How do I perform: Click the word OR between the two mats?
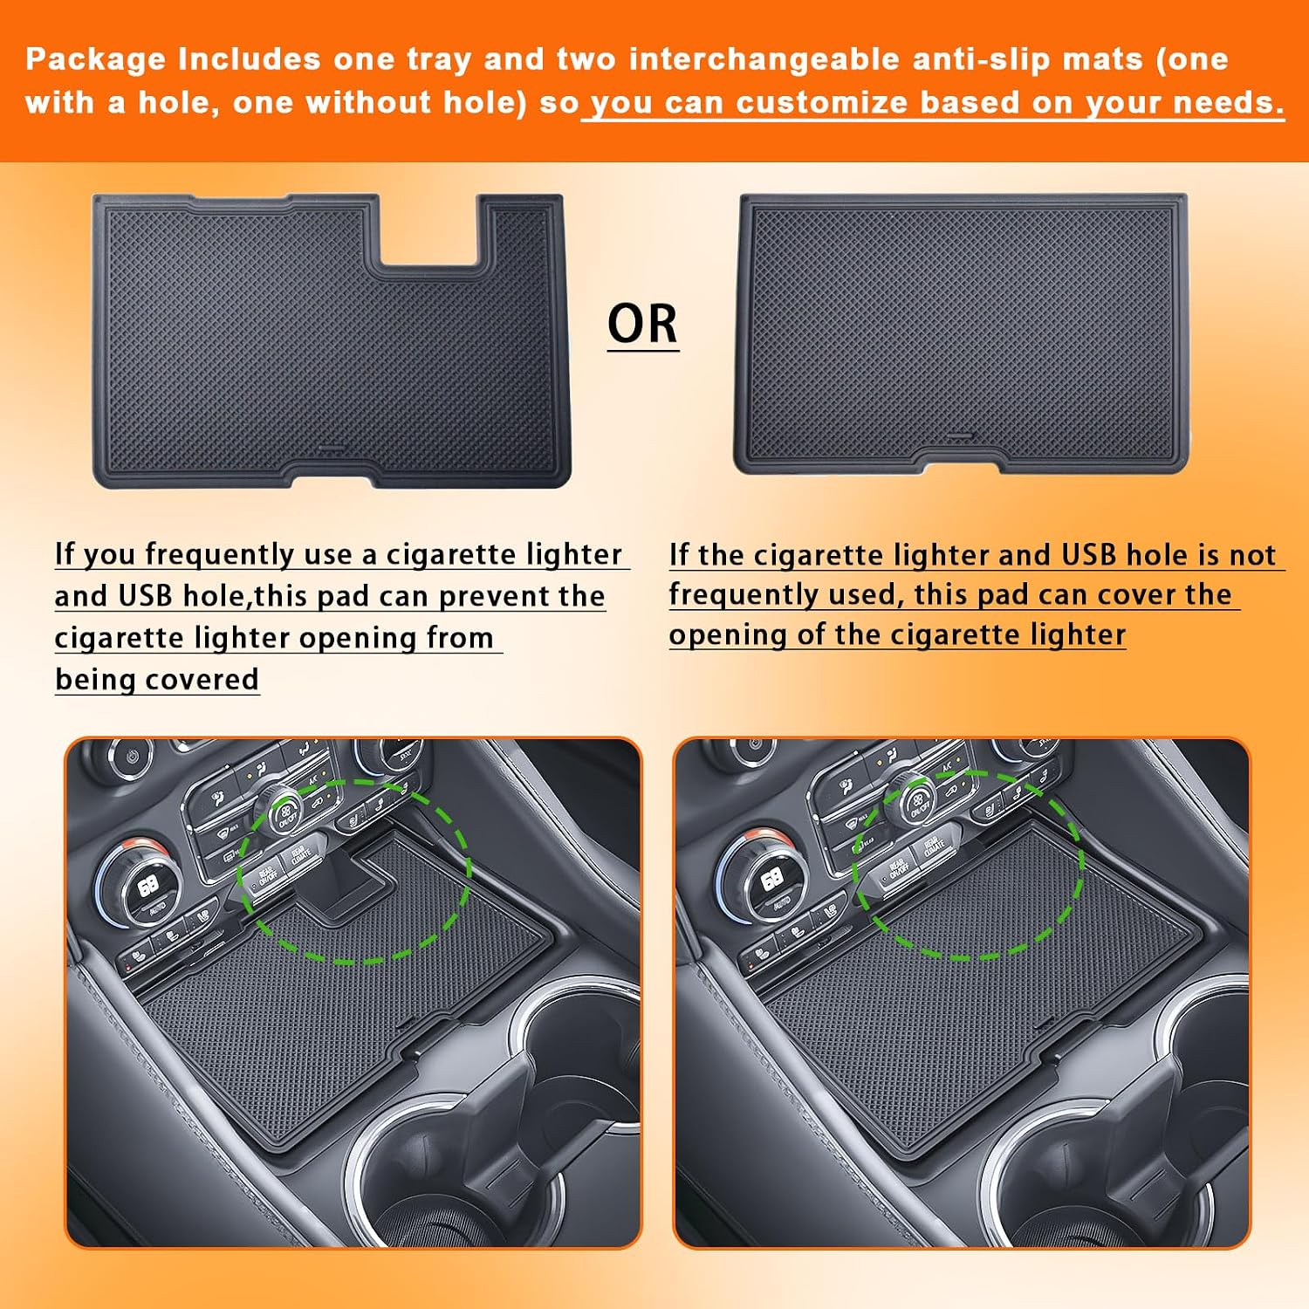coord(643,324)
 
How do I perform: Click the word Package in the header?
coord(96,59)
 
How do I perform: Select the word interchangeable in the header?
coord(752,58)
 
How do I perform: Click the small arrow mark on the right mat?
coord(961,435)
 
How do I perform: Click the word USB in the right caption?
coord(1088,554)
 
